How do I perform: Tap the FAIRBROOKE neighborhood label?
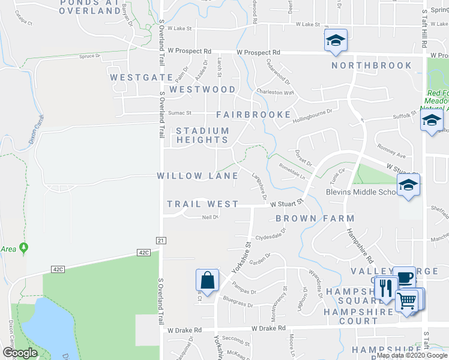(253, 114)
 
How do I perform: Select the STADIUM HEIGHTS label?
(202, 135)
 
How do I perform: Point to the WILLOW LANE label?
(197, 176)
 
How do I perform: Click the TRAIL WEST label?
(202, 204)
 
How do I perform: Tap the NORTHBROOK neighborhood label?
(372, 65)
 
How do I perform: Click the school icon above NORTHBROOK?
(336, 41)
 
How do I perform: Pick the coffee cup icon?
(403, 277)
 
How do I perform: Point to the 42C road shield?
(143, 253)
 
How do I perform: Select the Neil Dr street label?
(209, 217)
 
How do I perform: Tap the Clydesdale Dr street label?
(269, 237)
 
